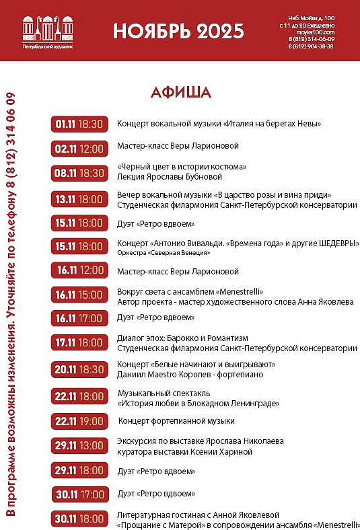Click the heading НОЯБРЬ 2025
(178, 30)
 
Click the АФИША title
(180, 92)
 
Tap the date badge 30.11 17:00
(79, 494)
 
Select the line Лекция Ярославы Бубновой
(170, 177)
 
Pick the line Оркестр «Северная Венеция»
(163, 253)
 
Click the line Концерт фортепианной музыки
(176, 421)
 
